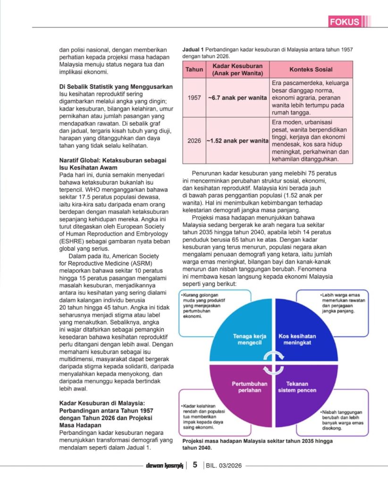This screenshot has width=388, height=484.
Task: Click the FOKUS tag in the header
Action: click(x=345, y=22)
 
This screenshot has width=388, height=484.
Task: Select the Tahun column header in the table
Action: click(x=194, y=69)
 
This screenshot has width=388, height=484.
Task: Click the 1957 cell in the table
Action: click(x=194, y=98)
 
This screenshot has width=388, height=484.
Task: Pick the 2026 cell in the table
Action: click(x=194, y=140)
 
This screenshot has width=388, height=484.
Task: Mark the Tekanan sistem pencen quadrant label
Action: click(x=297, y=387)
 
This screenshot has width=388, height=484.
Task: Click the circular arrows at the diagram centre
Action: click(x=273, y=363)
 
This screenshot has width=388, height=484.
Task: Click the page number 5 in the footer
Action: click(x=194, y=465)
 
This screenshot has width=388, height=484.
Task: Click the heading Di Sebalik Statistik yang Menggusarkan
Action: click(x=116, y=86)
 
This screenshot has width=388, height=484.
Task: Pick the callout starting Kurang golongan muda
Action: click(x=204, y=306)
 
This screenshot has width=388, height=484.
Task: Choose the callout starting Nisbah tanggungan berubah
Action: click(x=343, y=418)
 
